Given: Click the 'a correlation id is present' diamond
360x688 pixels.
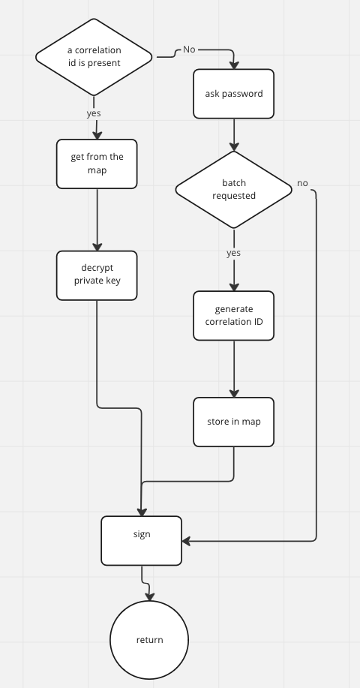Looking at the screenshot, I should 94,57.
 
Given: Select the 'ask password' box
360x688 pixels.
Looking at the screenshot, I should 234,94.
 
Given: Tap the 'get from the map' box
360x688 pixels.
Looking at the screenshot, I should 97,164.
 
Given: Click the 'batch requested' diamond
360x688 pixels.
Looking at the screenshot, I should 234,189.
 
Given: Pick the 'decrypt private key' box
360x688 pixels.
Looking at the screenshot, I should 97,275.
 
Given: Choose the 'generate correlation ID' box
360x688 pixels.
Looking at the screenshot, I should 234,316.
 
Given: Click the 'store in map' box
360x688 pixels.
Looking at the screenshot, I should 234,422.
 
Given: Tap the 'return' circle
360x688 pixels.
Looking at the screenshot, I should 149,640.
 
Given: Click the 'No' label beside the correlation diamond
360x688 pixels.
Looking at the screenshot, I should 189,50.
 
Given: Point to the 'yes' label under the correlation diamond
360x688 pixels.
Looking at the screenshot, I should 94,113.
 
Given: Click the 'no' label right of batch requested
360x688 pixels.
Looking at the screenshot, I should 302,183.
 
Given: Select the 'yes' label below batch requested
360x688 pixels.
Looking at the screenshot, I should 234,254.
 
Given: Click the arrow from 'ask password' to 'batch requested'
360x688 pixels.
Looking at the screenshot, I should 234,134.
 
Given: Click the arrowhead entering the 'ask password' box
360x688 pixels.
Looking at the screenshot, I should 234,65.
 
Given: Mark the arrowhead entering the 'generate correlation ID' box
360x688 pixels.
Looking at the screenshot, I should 234,287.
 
